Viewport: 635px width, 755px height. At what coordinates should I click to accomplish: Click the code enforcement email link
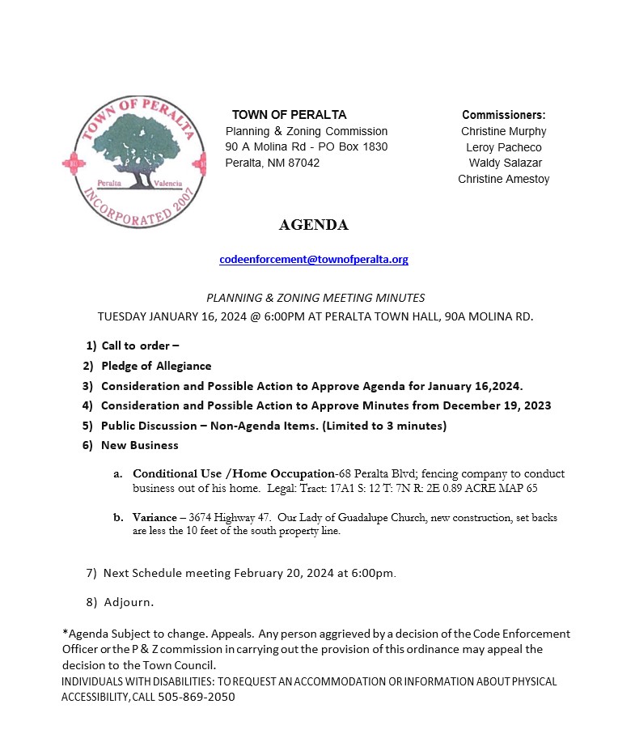coord(314,260)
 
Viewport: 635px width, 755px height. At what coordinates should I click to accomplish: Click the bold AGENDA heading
coord(314,225)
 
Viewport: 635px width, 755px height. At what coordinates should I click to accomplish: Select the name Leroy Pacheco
coord(504,147)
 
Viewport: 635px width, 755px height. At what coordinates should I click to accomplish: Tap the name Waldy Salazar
coord(506,163)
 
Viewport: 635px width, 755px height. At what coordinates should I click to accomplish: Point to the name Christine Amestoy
coord(504,180)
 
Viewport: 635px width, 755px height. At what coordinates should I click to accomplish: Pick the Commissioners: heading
coord(504,115)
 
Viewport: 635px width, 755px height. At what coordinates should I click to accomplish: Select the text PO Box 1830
coord(356,146)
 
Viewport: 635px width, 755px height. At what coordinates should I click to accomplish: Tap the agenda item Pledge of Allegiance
coord(156,367)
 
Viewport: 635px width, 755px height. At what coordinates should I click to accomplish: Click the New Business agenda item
coord(140,445)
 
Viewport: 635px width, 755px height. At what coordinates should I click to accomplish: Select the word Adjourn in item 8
coord(129,602)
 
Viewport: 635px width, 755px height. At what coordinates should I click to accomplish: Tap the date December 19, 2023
coord(501,405)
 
